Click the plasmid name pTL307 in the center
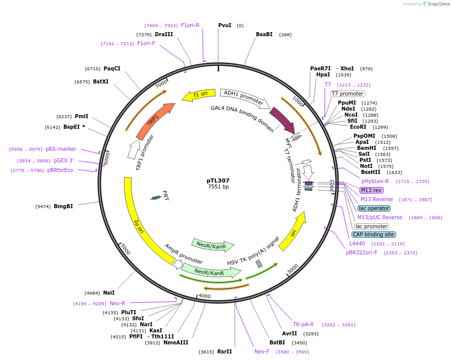[218, 181]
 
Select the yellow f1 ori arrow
[198, 95]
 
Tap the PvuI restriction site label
[225, 25]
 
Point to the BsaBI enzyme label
[264, 34]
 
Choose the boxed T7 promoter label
[347, 94]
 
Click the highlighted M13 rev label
[371, 190]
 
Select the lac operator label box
[374, 208]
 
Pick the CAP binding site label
[374, 234]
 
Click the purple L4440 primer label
[357, 243]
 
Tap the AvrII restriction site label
[290, 333]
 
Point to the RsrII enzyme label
[224, 351]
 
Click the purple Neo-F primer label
[262, 351]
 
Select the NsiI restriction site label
[109, 293]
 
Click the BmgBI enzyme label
[63, 206]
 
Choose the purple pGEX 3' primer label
[64, 161]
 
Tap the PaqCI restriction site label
[112, 68]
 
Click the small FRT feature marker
[156, 198]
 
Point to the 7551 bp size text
[218, 187]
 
